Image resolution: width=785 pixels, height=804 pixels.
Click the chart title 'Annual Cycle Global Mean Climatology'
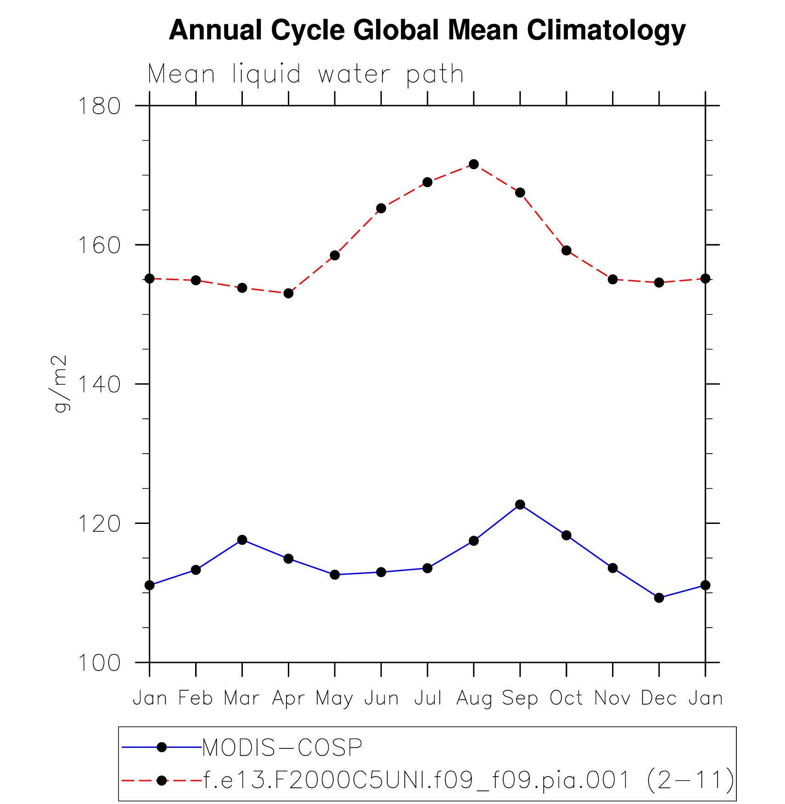coord(427,30)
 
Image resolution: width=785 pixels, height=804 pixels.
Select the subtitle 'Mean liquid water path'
coord(305,74)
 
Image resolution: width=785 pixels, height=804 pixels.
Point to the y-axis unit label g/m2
coord(60,383)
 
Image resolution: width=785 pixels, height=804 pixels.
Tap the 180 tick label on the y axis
coord(99,106)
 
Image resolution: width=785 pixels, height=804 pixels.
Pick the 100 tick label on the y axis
coord(99,663)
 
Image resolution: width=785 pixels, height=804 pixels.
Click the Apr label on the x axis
coord(288,698)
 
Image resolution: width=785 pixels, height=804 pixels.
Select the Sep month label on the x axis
coord(520,698)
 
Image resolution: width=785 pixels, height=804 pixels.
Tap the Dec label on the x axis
coord(659,698)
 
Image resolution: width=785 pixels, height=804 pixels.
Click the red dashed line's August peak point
coord(474,164)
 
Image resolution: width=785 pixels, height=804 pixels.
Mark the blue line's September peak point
coord(520,505)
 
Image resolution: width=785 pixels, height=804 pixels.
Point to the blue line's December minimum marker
coord(659,598)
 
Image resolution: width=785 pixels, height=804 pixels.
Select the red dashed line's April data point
coord(288,293)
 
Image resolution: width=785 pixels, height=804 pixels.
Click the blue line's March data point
coord(242,540)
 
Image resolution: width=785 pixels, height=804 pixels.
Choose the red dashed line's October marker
coord(566,250)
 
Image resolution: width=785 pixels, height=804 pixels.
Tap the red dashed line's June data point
coord(381,208)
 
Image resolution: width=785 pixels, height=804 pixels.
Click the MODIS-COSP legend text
coord(282,748)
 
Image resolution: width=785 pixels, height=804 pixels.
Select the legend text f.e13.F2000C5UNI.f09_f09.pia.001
coord(415,780)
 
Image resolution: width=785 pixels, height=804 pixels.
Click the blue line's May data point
coord(335,575)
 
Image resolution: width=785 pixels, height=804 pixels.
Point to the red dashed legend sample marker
coord(162,780)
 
